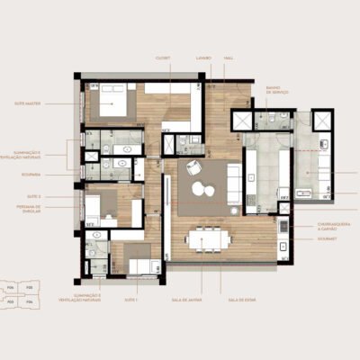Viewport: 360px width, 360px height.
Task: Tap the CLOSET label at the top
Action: pos(163,57)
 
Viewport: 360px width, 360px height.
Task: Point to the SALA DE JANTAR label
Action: pos(188,299)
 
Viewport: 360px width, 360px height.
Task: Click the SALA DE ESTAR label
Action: pos(238,299)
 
